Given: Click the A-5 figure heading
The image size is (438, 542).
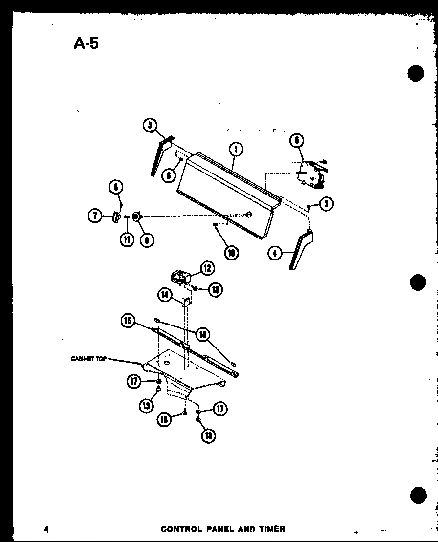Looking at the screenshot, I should (86, 43).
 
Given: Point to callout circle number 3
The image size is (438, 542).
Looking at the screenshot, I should (151, 126).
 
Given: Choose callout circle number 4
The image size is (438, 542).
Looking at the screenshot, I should (276, 253).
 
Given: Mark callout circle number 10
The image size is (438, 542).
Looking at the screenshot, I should (231, 252).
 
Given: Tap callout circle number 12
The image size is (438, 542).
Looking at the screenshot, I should (207, 268).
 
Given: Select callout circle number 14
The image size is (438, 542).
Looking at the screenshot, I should (165, 295).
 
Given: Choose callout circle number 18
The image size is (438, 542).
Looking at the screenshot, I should (165, 419).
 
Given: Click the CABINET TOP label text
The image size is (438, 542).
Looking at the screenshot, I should (88, 359).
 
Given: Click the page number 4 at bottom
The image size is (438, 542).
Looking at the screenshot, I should (45, 529).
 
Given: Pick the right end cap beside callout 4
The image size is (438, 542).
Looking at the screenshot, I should (301, 250).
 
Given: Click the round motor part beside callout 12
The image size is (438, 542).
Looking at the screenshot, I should (180, 276).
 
